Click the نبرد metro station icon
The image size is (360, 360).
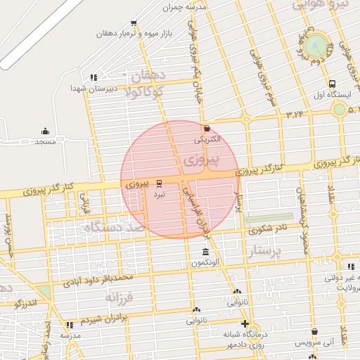pyautogui.click(x=159, y=181)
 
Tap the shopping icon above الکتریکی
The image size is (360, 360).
pyautogui.click(x=207, y=129)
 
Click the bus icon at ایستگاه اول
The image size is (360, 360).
pyautogui.click(x=332, y=83)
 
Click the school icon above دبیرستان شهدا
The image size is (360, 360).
pyautogui.click(x=93, y=77)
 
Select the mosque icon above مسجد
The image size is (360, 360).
pyautogui.click(x=45, y=131)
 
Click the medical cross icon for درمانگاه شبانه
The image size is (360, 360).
pyautogui.click(x=244, y=324)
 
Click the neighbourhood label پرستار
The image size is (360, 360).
pyautogui.click(x=266, y=250)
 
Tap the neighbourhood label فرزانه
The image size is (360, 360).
pyautogui.click(x=120, y=298)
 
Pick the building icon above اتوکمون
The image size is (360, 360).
pyautogui.click(x=205, y=252)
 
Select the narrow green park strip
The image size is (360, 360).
pyautogui.click(x=268, y=218)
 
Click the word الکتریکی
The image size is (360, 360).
pyautogui.click(x=207, y=139)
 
